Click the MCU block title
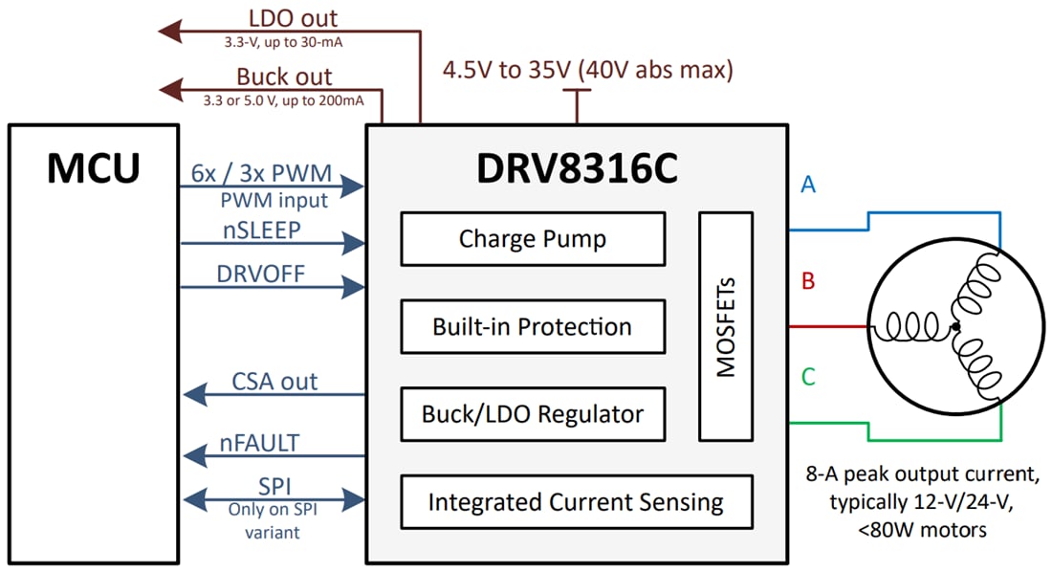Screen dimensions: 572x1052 tap(94, 168)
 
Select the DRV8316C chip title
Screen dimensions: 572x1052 tap(577, 169)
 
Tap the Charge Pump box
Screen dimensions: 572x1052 tap(533, 239)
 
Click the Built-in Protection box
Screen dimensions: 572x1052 tap(533, 327)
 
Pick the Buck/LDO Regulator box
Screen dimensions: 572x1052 tap(533, 415)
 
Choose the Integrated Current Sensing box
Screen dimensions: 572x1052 tap(576, 502)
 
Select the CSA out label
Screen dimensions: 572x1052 tap(274, 382)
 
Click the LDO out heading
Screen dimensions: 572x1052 tap(293, 18)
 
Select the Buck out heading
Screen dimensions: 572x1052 tap(284, 77)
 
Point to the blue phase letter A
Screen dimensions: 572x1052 tap(808, 185)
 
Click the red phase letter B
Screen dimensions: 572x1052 tap(808, 282)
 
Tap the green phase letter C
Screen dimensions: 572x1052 tap(808, 377)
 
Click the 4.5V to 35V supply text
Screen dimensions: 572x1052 tap(586, 70)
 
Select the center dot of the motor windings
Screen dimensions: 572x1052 tap(954, 327)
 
